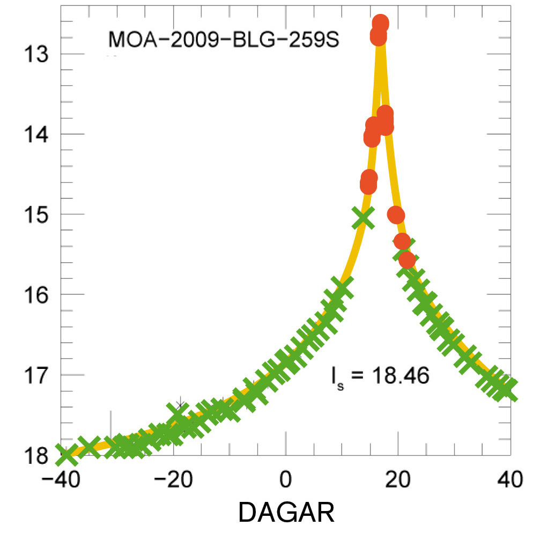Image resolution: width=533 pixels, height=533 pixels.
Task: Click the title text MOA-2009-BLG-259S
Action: (x=223, y=40)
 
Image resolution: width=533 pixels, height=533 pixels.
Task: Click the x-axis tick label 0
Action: (x=286, y=479)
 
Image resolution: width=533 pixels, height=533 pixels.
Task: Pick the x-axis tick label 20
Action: (x=398, y=479)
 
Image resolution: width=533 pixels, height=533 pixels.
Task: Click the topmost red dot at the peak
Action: (x=381, y=23)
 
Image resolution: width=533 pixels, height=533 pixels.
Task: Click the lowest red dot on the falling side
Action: (x=408, y=261)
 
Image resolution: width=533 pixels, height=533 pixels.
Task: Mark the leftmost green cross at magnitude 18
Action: (x=66, y=455)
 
